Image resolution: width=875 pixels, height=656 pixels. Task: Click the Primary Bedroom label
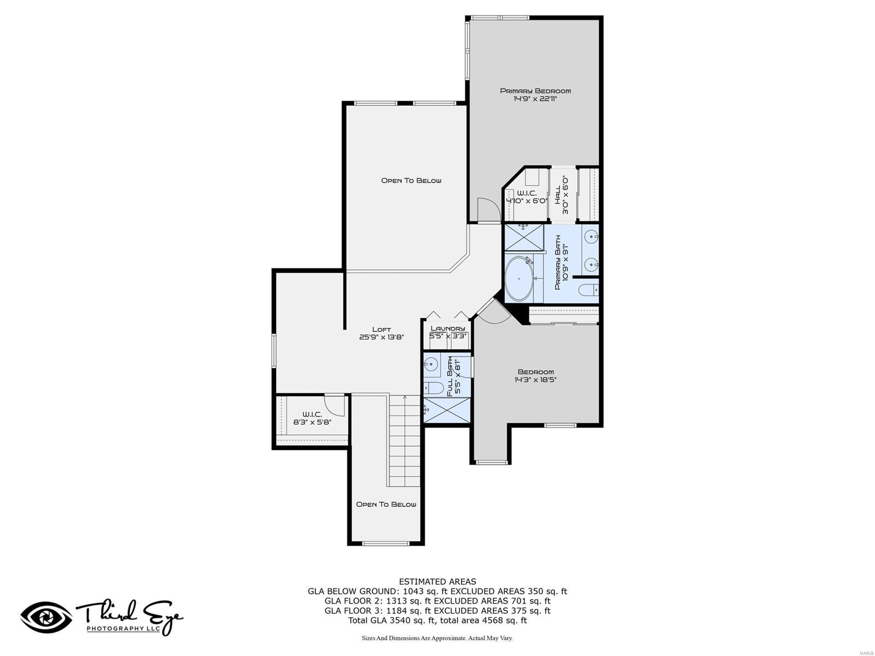coord(535,95)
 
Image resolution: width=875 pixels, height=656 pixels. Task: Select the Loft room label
coord(381,333)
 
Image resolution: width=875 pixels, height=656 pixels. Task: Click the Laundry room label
coord(447,332)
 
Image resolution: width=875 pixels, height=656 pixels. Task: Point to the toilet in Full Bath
coord(435,388)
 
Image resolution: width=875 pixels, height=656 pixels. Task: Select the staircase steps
coord(405,443)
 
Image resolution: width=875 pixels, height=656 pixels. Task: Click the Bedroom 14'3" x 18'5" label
coord(535,376)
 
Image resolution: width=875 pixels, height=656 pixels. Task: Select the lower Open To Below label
coord(386,504)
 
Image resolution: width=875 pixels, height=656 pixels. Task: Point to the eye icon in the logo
coord(46,618)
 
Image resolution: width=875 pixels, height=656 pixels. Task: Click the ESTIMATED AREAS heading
coord(437,582)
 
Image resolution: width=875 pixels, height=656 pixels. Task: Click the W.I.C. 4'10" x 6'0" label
coord(527,197)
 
